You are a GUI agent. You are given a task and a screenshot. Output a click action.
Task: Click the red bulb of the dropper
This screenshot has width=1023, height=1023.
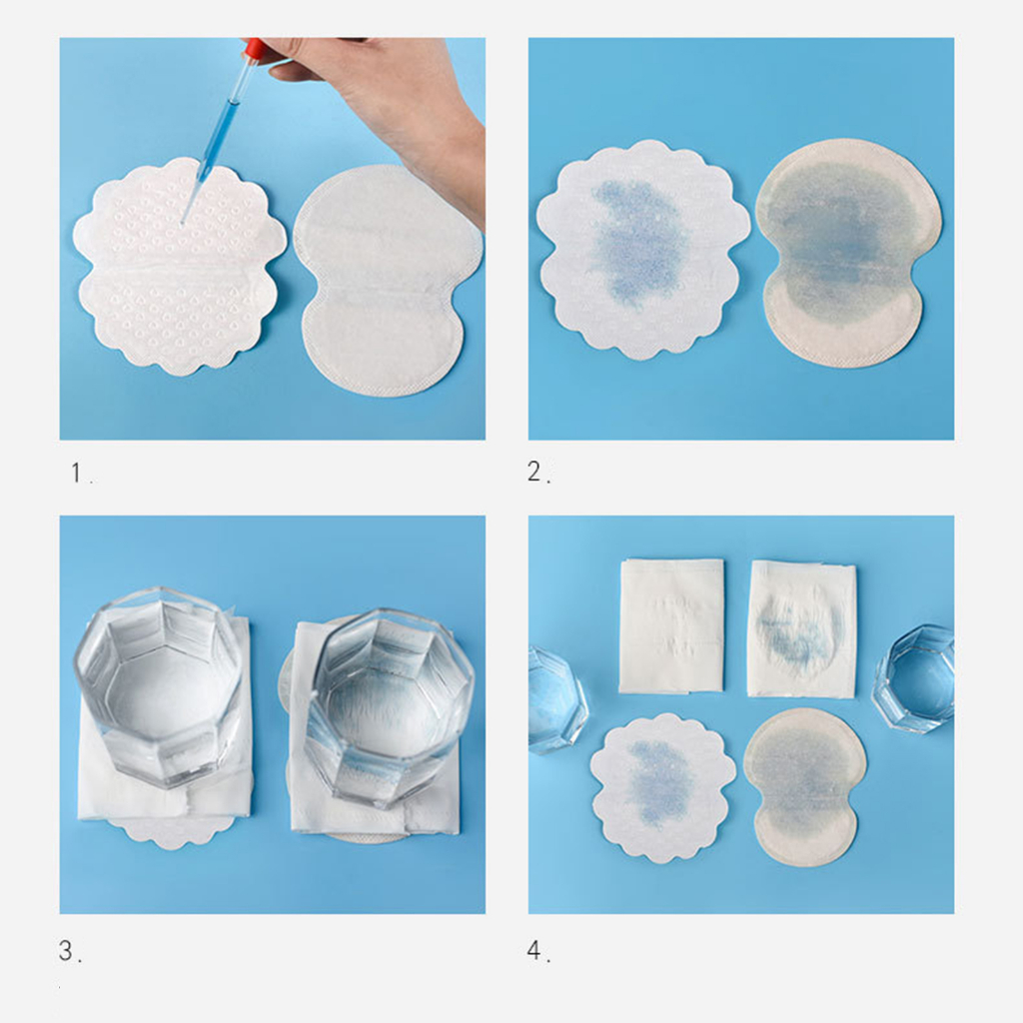255,49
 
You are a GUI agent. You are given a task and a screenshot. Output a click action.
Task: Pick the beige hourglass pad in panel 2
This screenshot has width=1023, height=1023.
848,251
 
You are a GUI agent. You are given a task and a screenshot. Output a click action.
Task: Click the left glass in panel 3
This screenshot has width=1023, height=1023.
161,685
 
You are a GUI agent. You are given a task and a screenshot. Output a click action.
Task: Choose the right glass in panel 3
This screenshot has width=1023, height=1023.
390,708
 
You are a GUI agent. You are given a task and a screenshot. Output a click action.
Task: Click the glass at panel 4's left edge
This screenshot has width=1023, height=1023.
556,699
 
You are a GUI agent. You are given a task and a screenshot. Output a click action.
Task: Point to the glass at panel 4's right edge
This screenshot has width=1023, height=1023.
914,678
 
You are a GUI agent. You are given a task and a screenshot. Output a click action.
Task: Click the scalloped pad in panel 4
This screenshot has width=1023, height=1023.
663,788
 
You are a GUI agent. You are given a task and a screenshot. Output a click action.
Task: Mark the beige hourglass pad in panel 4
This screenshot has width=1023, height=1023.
806,787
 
